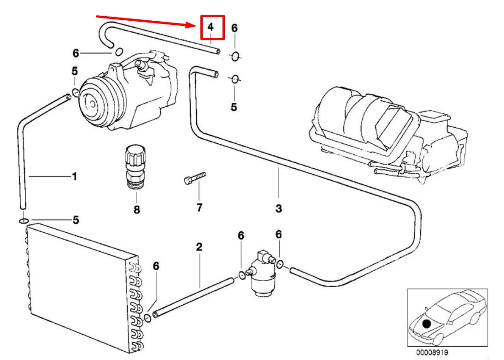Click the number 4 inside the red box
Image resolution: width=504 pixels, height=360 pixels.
click(211, 27)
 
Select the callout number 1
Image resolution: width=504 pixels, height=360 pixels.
click(74, 176)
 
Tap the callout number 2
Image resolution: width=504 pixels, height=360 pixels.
click(199, 247)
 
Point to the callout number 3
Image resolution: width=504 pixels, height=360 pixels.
click(279, 208)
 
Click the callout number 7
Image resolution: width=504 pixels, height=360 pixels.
click(199, 207)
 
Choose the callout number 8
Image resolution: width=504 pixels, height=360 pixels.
click(137, 210)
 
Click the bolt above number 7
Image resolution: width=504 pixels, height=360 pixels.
click(195, 178)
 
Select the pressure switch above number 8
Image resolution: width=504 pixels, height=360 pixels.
click(135, 168)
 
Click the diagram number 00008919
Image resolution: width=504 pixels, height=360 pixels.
click(432, 353)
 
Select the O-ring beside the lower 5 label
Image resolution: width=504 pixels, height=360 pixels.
click(23, 221)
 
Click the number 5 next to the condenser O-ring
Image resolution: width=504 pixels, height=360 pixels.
click(76, 220)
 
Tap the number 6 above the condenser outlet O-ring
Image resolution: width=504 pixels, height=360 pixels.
click(156, 266)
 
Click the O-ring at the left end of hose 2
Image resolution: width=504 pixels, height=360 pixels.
click(148, 318)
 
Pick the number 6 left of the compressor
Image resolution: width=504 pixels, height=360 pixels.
click(76, 53)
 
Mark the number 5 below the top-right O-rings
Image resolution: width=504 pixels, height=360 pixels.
click(234, 107)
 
